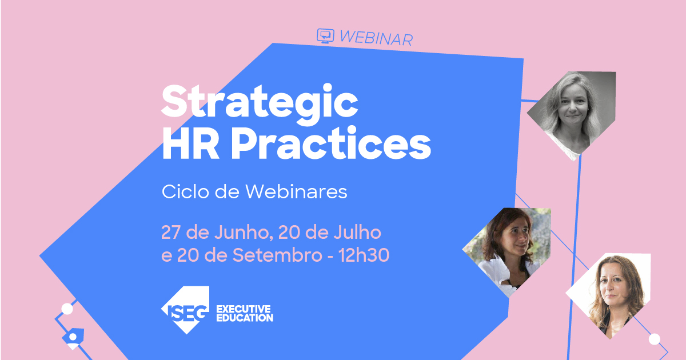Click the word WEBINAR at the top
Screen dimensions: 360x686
(x=376, y=38)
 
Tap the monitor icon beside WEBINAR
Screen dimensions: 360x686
(x=325, y=35)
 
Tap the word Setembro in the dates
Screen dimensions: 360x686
(x=277, y=256)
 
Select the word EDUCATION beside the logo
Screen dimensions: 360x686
(x=244, y=318)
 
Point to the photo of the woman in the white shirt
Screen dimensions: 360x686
(x=508, y=249)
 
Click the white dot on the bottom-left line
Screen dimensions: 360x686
(x=67, y=309)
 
